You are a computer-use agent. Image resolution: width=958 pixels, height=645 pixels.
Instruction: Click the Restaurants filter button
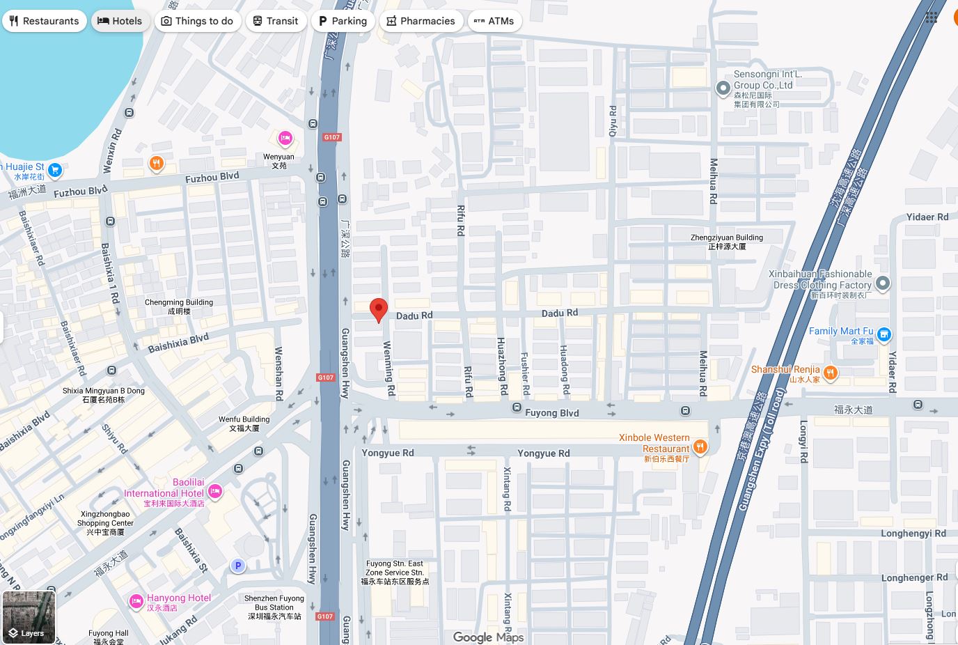(x=45, y=21)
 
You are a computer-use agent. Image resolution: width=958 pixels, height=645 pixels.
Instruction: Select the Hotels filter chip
(x=120, y=21)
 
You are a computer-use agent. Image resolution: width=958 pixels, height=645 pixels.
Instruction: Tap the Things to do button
(x=198, y=21)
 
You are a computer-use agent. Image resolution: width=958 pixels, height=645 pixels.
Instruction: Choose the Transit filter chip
(x=276, y=21)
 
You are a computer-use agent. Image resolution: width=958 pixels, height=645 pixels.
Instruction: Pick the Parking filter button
(x=343, y=21)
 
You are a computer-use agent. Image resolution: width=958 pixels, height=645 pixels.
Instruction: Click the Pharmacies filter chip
(x=421, y=21)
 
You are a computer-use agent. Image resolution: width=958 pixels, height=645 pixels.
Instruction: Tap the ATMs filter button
(x=494, y=21)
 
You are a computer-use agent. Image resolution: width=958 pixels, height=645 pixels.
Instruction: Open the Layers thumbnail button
(x=29, y=617)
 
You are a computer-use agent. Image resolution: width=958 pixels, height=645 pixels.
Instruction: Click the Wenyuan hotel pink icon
(x=285, y=139)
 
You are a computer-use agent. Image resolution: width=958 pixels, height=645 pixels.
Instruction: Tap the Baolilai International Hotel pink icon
(x=215, y=492)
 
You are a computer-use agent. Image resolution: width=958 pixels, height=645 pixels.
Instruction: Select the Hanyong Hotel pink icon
(x=136, y=600)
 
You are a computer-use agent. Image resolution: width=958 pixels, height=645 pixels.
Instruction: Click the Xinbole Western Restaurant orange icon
(x=700, y=446)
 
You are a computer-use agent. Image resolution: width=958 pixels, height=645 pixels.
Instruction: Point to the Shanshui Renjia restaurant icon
(x=830, y=374)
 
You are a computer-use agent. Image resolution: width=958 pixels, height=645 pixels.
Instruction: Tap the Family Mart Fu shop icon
(x=884, y=335)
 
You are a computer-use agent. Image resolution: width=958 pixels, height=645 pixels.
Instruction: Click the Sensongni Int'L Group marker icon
(x=723, y=88)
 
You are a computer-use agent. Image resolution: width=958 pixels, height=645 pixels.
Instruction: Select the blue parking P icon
(x=238, y=566)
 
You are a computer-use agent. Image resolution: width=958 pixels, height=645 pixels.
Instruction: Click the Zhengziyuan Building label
(x=727, y=242)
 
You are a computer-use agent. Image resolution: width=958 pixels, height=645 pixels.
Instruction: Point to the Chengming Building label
(x=179, y=306)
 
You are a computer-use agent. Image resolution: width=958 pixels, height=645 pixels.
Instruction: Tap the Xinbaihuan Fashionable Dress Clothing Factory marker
(x=883, y=283)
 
